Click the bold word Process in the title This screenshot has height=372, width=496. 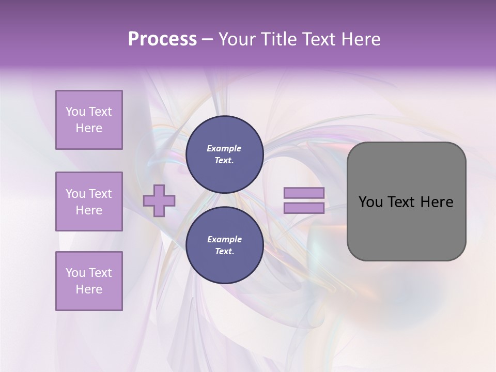tap(162, 39)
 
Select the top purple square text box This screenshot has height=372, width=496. tap(89, 120)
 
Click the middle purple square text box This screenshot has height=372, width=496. tap(89, 202)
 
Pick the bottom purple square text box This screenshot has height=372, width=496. tap(89, 281)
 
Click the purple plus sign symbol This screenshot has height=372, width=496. tap(159, 200)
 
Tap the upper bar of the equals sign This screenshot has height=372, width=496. tap(304, 193)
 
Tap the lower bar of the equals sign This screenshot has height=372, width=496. tap(304, 208)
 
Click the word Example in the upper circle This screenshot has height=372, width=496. tap(224, 148)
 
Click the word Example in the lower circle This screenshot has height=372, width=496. tap(224, 239)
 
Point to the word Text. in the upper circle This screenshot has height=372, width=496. tap(224, 160)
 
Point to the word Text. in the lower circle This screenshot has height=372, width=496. tap(224, 251)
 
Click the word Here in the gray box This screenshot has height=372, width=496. tap(437, 202)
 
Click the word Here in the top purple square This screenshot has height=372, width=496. tap(89, 128)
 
